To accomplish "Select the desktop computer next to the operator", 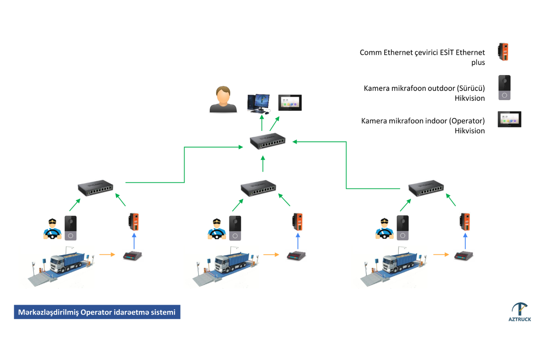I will tap(259, 103).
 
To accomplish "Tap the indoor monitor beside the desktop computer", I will tap(290, 103).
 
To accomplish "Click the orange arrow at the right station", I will tap(440, 255).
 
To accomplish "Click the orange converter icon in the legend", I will tap(503, 52).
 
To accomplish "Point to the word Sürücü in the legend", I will tap(471, 88).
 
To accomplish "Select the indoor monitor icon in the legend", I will tap(509, 120).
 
